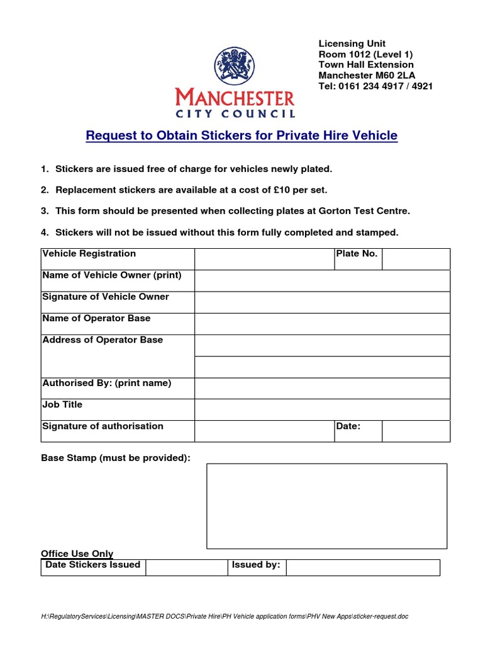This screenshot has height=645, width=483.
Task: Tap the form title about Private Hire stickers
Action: (241, 135)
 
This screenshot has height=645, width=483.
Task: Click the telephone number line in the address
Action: (375, 86)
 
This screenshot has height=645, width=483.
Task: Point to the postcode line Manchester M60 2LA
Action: (367, 76)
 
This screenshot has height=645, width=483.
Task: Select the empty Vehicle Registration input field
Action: (264, 259)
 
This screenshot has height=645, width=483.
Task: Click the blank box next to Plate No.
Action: (416, 259)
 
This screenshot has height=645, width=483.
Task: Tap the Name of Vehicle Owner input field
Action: (322, 281)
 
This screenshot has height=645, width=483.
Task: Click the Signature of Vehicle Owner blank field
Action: (322, 302)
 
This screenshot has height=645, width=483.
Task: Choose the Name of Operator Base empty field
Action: (322, 324)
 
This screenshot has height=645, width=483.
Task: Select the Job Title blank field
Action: (322, 410)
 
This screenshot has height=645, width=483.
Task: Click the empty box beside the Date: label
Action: (416, 431)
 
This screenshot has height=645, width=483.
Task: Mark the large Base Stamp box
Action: (326, 506)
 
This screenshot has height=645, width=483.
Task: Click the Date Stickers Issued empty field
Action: (186, 567)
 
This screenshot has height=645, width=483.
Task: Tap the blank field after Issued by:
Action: (363, 567)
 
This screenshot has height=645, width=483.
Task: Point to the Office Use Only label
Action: (77, 554)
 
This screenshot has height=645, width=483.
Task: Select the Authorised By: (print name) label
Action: (106, 383)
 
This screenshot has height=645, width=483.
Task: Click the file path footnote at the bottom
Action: (225, 616)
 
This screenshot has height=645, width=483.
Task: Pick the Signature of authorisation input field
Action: (264, 431)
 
